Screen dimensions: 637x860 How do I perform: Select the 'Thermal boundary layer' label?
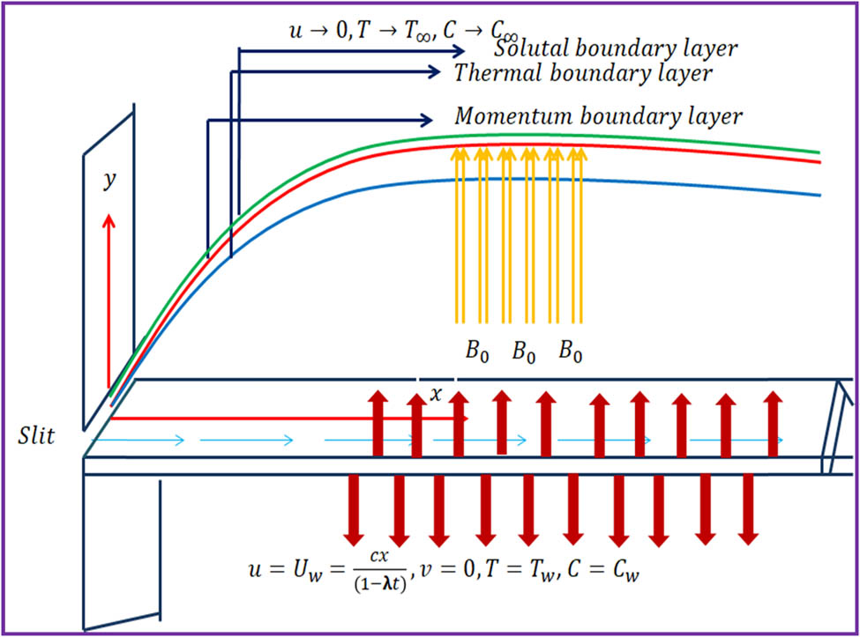click(x=582, y=72)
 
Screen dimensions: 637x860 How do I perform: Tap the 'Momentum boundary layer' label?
click(x=598, y=116)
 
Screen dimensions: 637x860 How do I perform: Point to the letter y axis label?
click(x=109, y=181)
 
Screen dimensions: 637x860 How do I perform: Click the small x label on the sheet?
click(x=435, y=395)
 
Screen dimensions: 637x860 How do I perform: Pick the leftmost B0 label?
click(x=475, y=352)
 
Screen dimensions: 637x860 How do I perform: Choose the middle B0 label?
click(x=523, y=352)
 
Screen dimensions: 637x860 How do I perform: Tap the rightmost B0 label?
click(x=571, y=352)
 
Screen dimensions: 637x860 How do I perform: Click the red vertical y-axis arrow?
click(x=109, y=300)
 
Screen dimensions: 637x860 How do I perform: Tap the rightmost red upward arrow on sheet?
click(x=773, y=412)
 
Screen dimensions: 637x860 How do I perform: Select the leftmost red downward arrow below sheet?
click(x=355, y=509)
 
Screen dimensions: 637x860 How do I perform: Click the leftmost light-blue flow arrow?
click(x=138, y=438)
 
